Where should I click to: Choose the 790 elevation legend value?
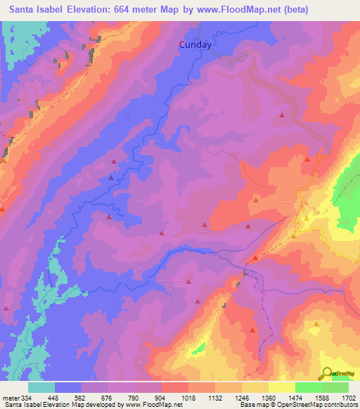[x=148, y=398]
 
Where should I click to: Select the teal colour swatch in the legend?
[x=41, y=387]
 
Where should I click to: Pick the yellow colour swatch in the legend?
[x=281, y=387]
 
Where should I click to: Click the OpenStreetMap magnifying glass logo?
[x=327, y=373]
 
